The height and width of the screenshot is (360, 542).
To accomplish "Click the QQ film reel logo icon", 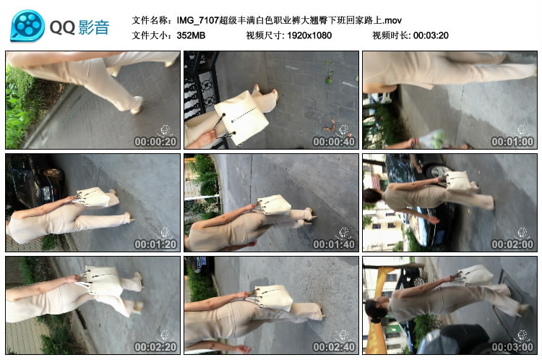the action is pos(27,26).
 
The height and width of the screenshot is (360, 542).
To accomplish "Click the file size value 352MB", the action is pos(191,35).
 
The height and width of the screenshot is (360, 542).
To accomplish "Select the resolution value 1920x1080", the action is pos(309,35).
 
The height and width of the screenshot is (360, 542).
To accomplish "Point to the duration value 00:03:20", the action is pos(431,35).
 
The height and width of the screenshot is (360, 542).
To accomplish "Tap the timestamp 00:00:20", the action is pos(155,142).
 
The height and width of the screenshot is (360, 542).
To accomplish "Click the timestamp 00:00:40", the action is pos(334,142).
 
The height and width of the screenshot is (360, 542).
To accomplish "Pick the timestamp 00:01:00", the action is pos(512,142).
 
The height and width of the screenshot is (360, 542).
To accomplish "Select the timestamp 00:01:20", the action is pos(155,244).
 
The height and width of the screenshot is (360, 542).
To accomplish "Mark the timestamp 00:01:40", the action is pos(334,244).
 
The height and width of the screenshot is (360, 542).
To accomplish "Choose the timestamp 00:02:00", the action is pos(512,244).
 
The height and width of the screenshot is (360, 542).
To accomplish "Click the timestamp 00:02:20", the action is pos(155,346).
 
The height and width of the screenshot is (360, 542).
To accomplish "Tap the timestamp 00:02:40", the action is pos(334,346).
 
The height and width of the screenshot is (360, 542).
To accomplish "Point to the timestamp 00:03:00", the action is pos(512,346).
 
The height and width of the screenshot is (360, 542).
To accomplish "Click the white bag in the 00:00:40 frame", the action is pos(242,118).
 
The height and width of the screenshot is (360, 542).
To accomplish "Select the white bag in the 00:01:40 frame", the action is pos(274,205).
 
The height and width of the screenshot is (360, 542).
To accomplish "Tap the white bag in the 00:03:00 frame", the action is pos(476,275).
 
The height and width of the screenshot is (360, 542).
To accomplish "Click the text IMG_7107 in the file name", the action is pos(198,20).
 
